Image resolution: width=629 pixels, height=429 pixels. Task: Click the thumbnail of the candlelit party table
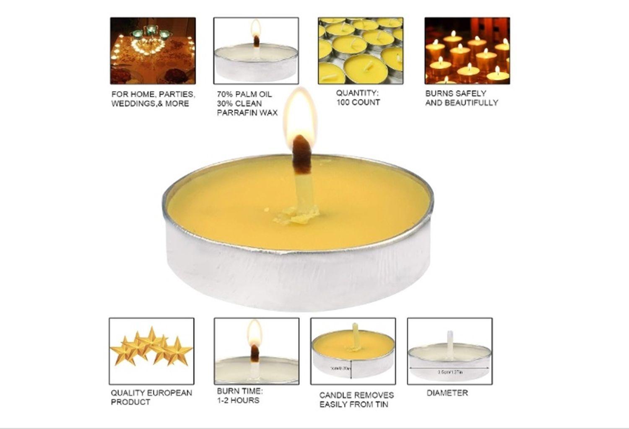pos(153,51)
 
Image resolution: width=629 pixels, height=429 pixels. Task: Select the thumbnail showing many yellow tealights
pos(361,51)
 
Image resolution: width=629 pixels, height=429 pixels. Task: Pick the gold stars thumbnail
pos(151,351)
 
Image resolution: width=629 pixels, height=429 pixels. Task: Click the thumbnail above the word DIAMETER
pos(450,351)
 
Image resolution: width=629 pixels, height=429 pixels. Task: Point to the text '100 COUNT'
pos(358,102)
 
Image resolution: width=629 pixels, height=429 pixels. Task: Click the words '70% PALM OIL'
pos(244,94)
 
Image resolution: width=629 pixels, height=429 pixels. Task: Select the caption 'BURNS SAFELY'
pos(456,93)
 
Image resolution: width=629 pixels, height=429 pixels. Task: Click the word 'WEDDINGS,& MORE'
pos(150,104)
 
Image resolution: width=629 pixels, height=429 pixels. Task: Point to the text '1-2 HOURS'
pos(238,400)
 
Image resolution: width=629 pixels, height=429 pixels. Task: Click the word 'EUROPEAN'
pos(169,393)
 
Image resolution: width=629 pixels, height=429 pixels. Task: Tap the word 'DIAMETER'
pos(447,393)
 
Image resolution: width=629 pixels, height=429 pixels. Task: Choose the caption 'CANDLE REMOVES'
pos(356,395)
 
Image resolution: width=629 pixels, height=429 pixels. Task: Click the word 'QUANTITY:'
pos(357,93)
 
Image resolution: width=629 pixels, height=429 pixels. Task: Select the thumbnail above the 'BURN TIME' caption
pos(257,351)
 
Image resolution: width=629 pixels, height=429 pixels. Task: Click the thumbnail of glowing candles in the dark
pos(467,51)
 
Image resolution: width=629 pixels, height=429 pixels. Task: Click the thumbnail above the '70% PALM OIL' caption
pos(256,51)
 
